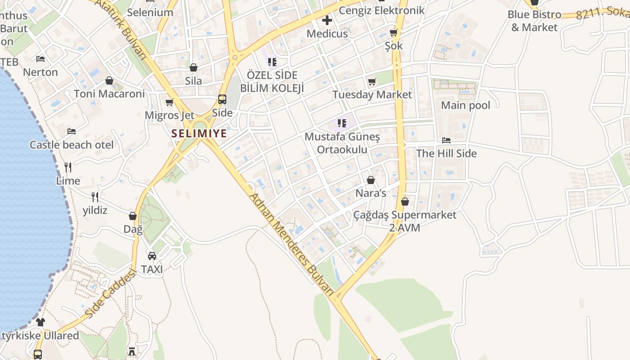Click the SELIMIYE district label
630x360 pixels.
click(x=199, y=134)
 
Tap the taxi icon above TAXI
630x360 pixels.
click(x=152, y=256)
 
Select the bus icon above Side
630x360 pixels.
click(x=222, y=99)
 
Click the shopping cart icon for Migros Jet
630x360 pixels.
click(x=170, y=103)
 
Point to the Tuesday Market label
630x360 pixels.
click(x=372, y=94)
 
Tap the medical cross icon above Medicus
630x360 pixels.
click(x=327, y=20)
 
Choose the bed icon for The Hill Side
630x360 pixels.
click(x=446, y=140)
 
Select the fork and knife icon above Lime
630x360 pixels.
click(x=68, y=167)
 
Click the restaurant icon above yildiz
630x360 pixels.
click(x=95, y=197)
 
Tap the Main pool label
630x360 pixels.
click(x=465, y=105)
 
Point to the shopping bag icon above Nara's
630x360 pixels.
click(x=371, y=180)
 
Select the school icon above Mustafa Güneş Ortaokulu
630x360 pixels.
click(x=342, y=123)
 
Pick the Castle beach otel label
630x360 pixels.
click(x=72, y=145)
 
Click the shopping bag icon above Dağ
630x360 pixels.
click(x=133, y=216)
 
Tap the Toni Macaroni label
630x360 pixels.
click(x=109, y=94)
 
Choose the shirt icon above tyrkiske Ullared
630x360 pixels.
click(x=40, y=322)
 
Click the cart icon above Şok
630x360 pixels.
click(x=394, y=32)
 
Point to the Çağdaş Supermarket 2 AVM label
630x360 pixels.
click(x=405, y=221)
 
